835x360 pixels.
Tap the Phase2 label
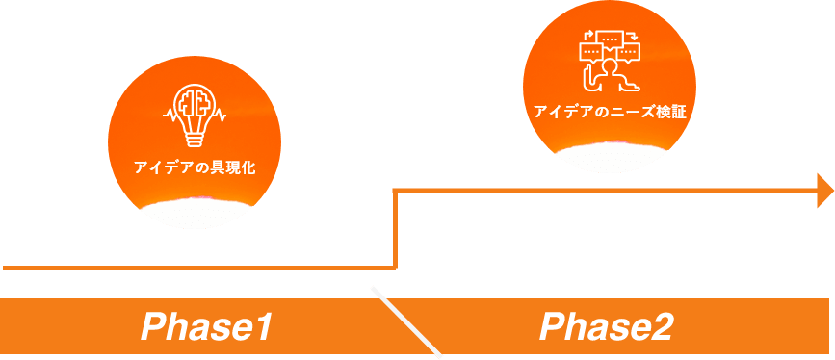(606, 327)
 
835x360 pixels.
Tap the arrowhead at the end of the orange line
(824, 191)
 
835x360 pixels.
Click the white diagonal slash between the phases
(406, 321)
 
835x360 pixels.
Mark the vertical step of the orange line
(395, 229)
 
